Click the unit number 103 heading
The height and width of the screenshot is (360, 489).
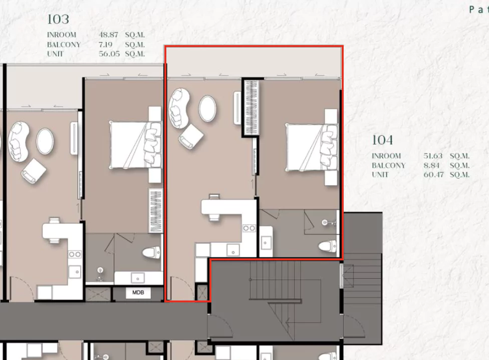tap(58, 20)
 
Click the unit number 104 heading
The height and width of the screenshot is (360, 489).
tap(382, 140)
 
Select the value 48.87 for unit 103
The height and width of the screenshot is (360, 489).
tap(109, 35)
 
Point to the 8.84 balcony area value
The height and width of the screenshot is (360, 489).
tap(431, 165)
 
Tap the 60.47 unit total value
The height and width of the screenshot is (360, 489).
tap(433, 175)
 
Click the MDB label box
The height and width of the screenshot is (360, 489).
tap(138, 293)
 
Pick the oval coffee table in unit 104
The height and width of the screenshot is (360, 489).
tap(207, 109)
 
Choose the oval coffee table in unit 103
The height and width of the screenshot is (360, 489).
tap(45, 141)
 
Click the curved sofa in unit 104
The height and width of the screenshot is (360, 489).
tap(179, 108)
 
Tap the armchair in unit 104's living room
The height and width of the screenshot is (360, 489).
tap(191, 136)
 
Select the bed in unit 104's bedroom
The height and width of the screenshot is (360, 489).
tap(312, 147)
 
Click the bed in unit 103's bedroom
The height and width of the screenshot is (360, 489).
tap(136, 145)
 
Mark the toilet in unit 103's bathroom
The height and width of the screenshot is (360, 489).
tap(152, 252)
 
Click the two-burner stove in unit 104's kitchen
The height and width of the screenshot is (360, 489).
tap(249, 228)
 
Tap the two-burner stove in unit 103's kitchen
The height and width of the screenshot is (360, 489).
tap(75, 254)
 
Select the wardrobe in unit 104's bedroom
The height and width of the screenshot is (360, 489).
tap(251, 108)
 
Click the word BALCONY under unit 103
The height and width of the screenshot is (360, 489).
tap(64, 45)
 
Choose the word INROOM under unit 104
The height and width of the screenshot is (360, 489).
tap(386, 156)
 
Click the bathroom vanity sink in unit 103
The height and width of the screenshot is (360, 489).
tap(138, 278)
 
